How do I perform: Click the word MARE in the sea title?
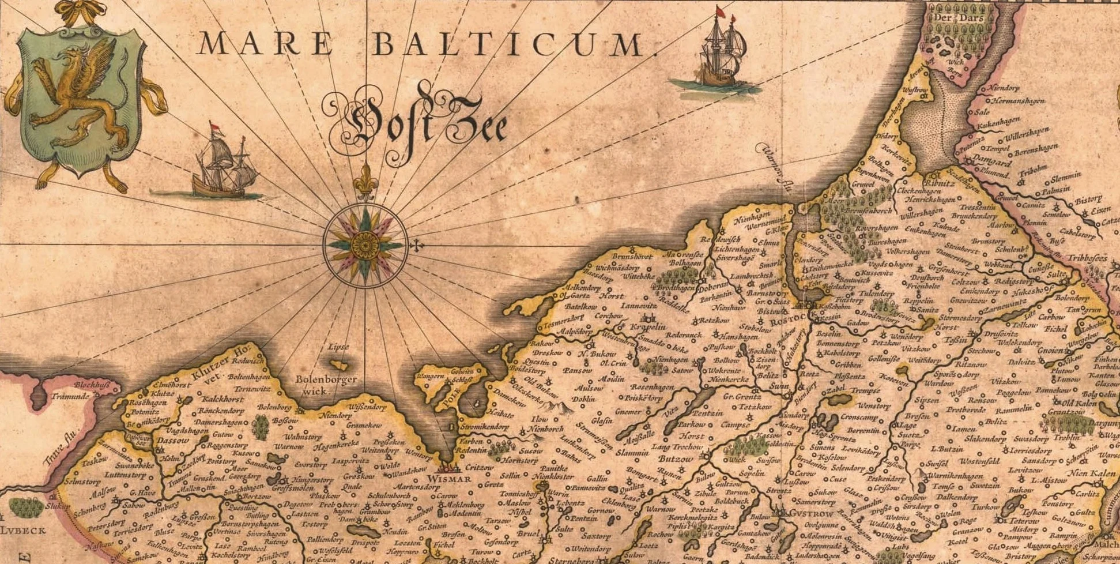click(265, 44)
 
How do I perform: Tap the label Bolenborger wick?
click(326, 385)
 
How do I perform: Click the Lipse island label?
click(338, 348)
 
